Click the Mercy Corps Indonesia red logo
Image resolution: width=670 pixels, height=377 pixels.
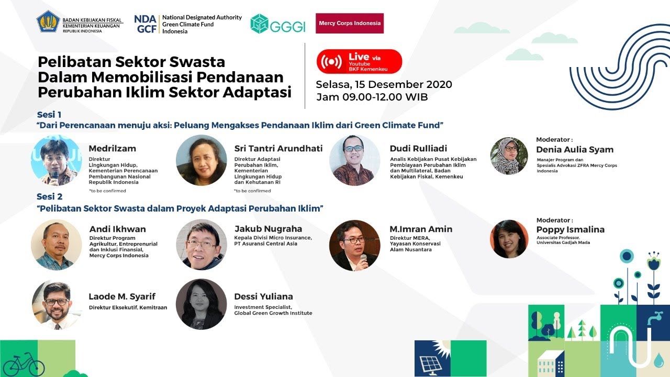(x=350, y=23)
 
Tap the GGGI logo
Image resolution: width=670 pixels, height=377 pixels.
(x=278, y=24)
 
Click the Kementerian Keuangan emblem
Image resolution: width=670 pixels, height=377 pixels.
(x=48, y=21)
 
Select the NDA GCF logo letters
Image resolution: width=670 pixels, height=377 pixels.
(x=146, y=24)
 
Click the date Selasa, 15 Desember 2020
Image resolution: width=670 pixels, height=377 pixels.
(x=384, y=84)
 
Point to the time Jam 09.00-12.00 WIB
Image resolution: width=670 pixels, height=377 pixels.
(x=372, y=97)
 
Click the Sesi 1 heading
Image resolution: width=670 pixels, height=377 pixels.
(x=49, y=115)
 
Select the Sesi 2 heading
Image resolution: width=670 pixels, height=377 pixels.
(x=50, y=196)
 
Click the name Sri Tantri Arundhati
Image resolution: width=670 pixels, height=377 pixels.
(x=278, y=148)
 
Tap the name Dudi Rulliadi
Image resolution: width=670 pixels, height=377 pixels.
(x=418, y=148)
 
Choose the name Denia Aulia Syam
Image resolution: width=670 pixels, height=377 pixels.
(x=575, y=150)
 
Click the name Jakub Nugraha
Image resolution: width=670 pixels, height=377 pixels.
(x=269, y=229)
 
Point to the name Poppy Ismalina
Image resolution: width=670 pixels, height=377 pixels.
(x=571, y=230)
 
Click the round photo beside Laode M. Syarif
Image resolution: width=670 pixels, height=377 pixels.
(x=57, y=305)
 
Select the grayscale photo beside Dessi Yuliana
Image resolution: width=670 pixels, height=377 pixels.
(x=202, y=304)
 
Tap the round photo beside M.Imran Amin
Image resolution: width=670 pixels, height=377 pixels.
(x=355, y=246)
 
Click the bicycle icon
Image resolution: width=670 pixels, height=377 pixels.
(x=24, y=364)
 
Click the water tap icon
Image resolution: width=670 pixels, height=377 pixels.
(x=655, y=318)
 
